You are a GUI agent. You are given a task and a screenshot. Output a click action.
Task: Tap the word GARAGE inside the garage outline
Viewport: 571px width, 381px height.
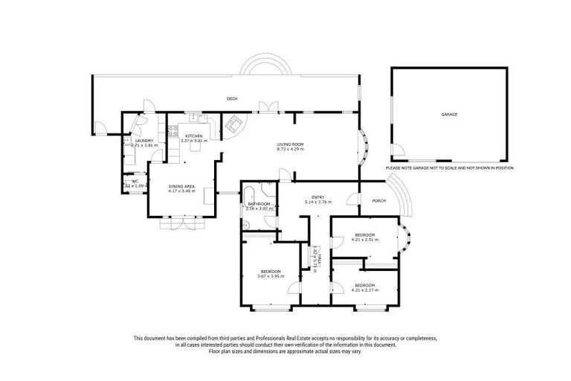pyautogui.click(x=449, y=115)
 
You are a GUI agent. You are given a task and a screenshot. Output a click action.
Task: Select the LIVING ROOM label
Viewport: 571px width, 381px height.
pyautogui.click(x=291, y=144)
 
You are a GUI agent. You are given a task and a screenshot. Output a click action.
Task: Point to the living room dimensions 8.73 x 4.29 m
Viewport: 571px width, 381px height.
pyautogui.click(x=291, y=150)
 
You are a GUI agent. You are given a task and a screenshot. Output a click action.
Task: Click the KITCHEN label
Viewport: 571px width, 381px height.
pyautogui.click(x=194, y=136)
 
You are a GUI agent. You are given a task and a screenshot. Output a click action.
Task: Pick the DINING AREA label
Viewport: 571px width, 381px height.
pyautogui.click(x=181, y=186)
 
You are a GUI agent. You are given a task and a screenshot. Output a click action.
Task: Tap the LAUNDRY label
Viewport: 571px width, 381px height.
pyautogui.click(x=143, y=141)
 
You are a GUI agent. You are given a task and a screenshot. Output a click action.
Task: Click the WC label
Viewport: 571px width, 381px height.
pyautogui.click(x=135, y=181)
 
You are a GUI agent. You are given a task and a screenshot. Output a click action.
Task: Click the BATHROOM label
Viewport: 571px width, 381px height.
pyautogui.click(x=259, y=203)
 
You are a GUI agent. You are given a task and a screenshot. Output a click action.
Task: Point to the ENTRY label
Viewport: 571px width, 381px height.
pyautogui.click(x=317, y=197)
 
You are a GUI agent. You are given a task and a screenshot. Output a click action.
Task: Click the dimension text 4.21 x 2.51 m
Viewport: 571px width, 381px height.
pyautogui.click(x=365, y=240)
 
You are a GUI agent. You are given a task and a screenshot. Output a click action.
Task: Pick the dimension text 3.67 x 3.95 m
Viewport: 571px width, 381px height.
pyautogui.click(x=271, y=276)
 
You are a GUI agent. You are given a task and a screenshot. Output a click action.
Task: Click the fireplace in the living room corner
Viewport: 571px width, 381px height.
pyautogui.click(x=231, y=125)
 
